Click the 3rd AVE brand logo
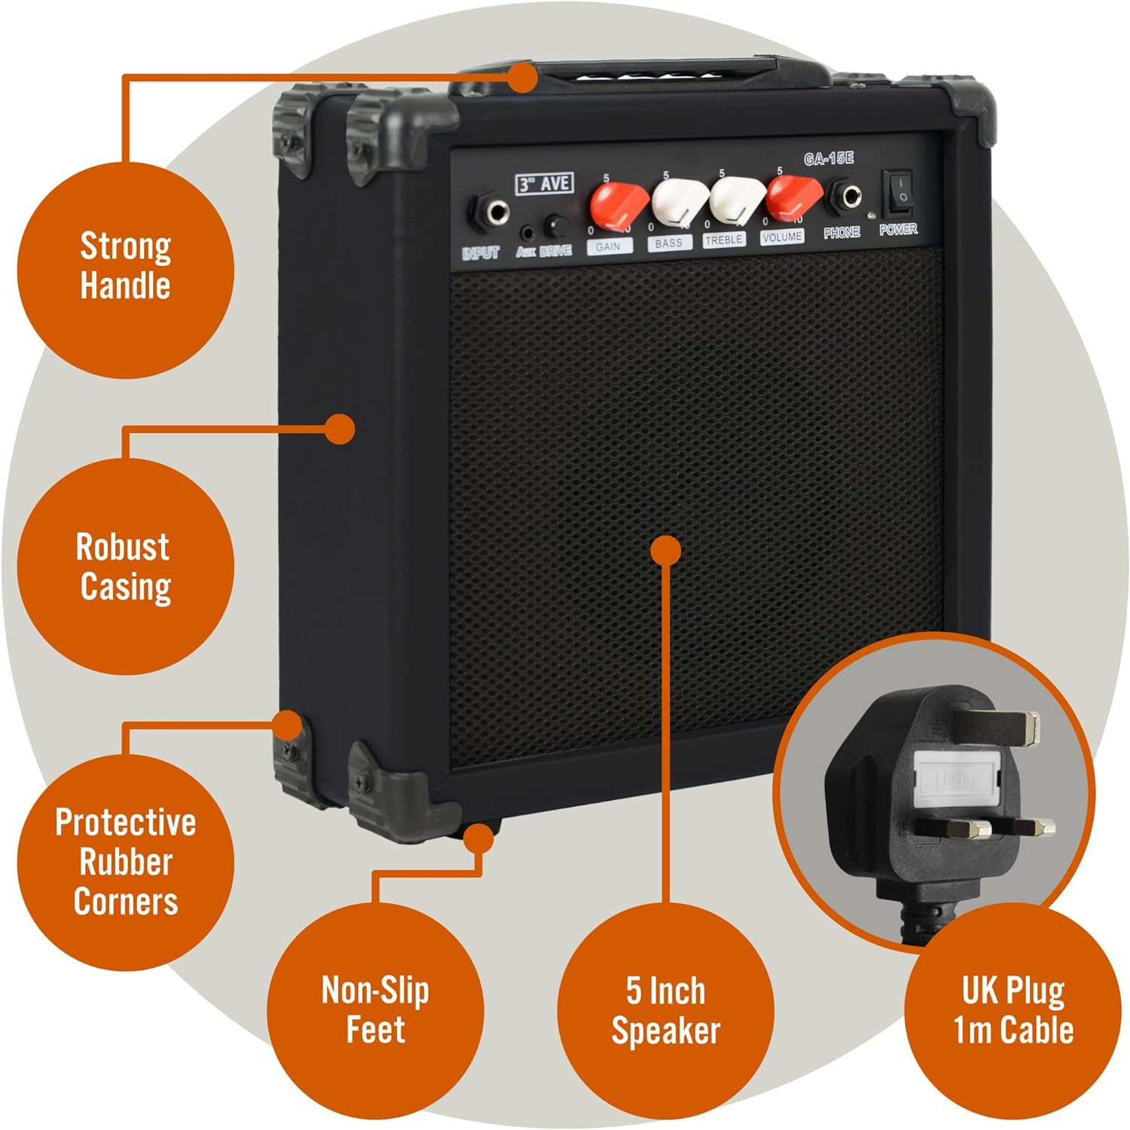(x=544, y=183)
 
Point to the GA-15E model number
(x=828, y=159)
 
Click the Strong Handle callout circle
(x=125, y=267)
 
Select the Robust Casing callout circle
(x=125, y=567)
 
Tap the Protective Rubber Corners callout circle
(x=125, y=861)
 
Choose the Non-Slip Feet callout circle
(x=375, y=1009)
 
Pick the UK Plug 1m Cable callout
(x=1013, y=1009)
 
